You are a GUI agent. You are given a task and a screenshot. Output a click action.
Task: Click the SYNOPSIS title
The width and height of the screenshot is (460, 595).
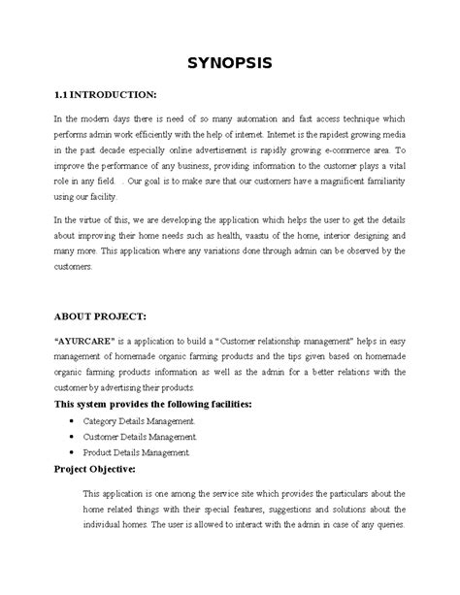[230, 65]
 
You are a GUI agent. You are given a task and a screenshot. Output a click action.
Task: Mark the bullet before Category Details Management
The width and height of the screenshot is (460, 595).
[75, 420]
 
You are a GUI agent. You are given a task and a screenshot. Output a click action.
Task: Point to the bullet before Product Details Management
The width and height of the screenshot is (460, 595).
[75, 452]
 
